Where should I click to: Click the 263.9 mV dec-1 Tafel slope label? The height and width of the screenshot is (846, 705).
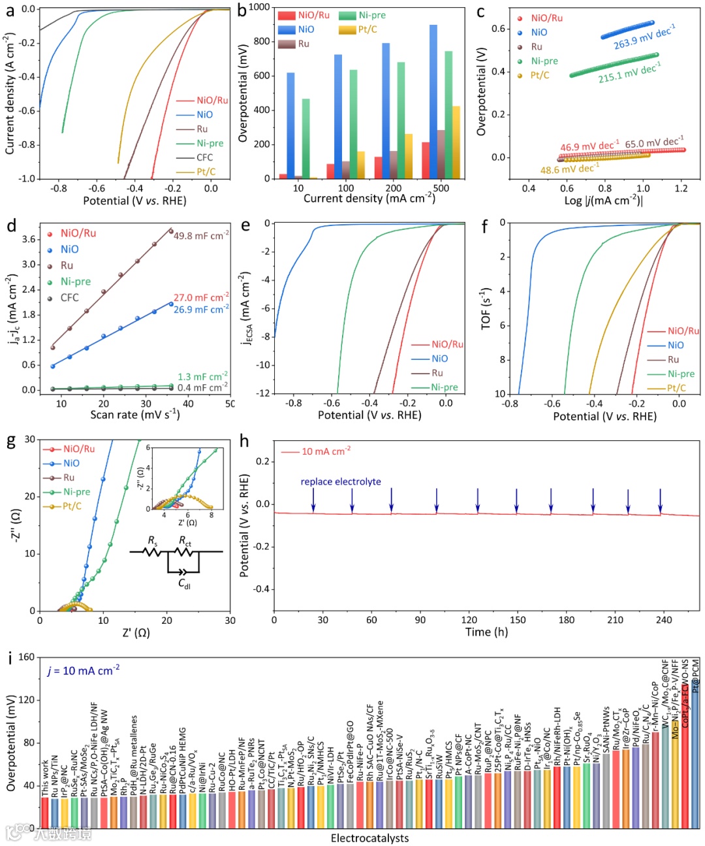(644, 37)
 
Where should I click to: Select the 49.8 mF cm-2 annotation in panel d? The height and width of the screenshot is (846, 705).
(201, 235)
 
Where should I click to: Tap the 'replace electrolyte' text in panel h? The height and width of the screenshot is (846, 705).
(341, 481)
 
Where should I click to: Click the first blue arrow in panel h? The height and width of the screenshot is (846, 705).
(313, 499)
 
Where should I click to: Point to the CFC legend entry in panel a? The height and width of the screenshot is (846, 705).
(204, 157)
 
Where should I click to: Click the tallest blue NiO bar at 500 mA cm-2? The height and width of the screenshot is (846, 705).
(433, 101)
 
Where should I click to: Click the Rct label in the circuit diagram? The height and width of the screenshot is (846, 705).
(185, 541)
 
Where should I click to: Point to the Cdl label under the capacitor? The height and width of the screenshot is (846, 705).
(185, 583)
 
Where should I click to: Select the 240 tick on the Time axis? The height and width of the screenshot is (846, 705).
(664, 620)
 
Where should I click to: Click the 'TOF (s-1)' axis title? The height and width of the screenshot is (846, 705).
(486, 307)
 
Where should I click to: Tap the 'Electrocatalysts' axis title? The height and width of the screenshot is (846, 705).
(369, 838)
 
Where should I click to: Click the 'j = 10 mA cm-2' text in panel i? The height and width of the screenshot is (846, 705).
(84, 670)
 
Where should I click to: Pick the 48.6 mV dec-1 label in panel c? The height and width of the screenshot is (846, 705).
(569, 169)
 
